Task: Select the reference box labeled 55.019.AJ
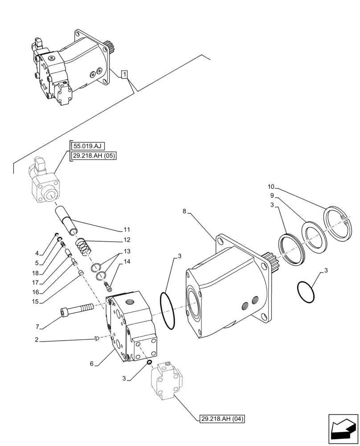(87, 145)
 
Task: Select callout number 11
(127, 230)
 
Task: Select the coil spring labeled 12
(83, 246)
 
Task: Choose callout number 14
(127, 261)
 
